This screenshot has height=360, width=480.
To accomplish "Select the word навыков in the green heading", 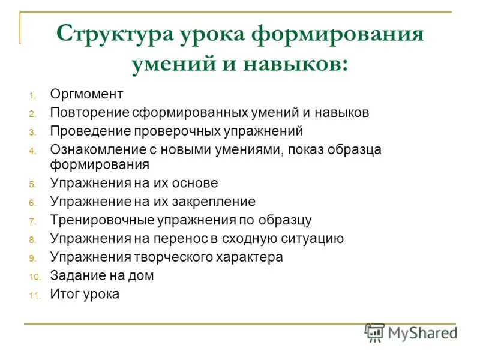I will [x=295, y=64].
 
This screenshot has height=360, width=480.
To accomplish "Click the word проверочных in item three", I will [x=167, y=131].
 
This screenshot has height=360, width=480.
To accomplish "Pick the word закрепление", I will [x=213, y=202].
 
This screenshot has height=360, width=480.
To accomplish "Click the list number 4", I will [x=34, y=150].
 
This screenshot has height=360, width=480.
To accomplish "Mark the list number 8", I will [x=34, y=240].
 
